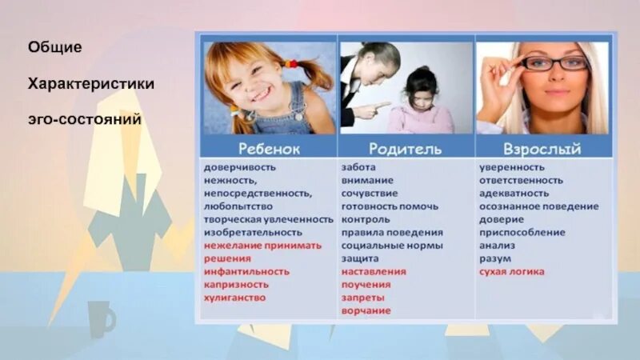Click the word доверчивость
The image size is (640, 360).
pyautogui.click(x=239, y=167)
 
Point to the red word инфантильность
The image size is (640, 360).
pyautogui.click(x=246, y=272)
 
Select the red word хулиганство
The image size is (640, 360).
pyautogui.click(x=234, y=298)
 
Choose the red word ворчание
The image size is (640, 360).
pyautogui.click(x=366, y=310)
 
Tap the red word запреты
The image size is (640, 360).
pyautogui.click(x=362, y=298)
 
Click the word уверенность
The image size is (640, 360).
pyautogui.click(x=512, y=167)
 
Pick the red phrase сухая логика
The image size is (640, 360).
pyautogui.click(x=512, y=272)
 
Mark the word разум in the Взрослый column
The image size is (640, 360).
pyautogui.click(x=496, y=258)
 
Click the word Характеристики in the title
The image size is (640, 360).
pyautogui.click(x=91, y=83)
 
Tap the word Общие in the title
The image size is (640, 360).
pyautogui.click(x=54, y=48)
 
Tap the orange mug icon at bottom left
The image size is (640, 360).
pyautogui.click(x=101, y=318)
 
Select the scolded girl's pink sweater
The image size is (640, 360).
pyautogui.click(x=421, y=120)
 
